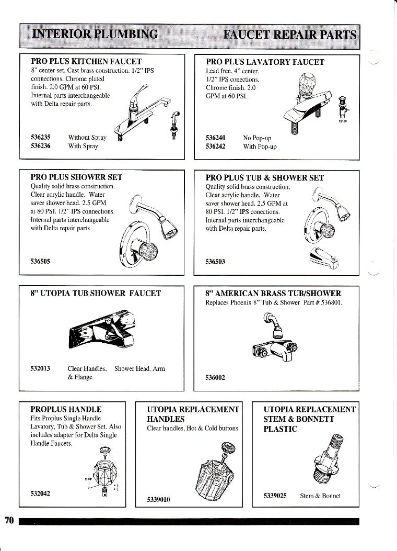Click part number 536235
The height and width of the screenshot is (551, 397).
[41, 138]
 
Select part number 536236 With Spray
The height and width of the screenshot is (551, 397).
[41, 146]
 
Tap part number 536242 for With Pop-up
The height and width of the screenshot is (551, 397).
[216, 147]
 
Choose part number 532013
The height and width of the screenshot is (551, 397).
[41, 368]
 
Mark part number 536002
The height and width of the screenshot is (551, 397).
[216, 378]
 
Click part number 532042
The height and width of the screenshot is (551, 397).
[41, 492]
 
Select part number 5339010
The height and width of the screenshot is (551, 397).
[159, 499]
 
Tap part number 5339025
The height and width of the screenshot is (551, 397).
[275, 495]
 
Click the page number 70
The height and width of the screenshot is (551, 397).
[8, 520]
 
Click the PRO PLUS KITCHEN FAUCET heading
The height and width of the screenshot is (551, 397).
[86, 61]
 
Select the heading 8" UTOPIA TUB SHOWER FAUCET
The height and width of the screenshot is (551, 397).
[95, 293]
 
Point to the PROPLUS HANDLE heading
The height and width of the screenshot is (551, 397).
[66, 409]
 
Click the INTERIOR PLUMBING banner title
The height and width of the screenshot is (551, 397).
[95, 35]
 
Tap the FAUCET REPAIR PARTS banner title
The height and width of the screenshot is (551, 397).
[289, 35]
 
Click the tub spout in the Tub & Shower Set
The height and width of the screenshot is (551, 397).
[323, 257]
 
